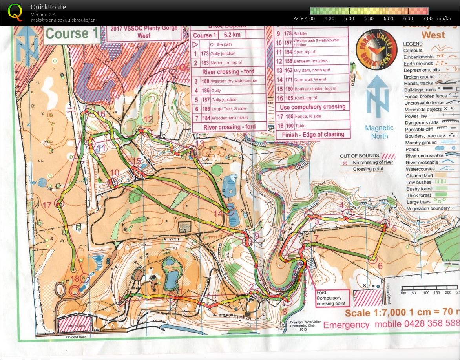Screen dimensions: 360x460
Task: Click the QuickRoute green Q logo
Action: click(15, 12)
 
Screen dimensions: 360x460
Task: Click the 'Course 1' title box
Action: click(72, 34)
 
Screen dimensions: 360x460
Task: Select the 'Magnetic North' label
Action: click(379, 132)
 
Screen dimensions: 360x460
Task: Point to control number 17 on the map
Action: click(47, 205)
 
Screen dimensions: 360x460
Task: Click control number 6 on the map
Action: click(380, 266)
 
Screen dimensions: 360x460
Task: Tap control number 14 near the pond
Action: click(218, 213)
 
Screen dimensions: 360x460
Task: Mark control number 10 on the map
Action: click(114, 172)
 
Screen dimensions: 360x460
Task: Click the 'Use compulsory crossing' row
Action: click(312, 106)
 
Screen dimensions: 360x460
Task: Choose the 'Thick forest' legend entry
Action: click(418, 195)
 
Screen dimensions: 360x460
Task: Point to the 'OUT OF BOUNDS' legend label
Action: click(359, 156)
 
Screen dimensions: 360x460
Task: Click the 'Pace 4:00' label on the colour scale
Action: click(304, 18)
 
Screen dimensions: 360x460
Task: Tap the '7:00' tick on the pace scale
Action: click(427, 18)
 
